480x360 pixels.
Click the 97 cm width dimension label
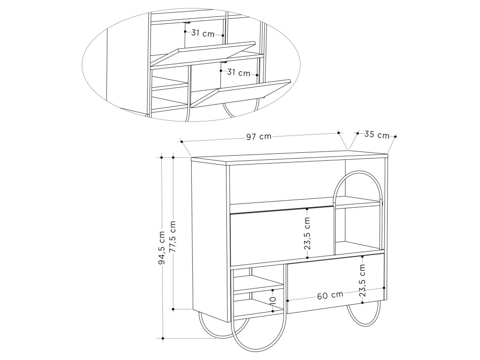point(259,137)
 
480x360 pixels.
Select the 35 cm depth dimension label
point(376,135)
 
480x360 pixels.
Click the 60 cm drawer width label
point(330,295)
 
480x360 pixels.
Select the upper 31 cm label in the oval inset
point(202,33)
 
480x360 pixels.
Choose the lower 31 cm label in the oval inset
point(238,73)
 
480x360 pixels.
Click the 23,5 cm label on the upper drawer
point(307,233)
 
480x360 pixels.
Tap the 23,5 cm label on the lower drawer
point(362,280)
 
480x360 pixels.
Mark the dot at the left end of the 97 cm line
point(181,141)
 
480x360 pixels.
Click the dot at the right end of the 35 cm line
point(396,137)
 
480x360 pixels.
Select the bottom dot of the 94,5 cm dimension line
point(162,337)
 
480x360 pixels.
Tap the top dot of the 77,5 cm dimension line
point(173,157)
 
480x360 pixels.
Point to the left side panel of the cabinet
point(209,234)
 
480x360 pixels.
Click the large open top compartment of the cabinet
point(281,185)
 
